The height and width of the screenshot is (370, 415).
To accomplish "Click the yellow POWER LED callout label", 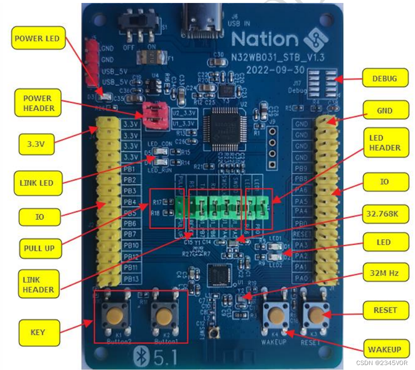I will (37, 38).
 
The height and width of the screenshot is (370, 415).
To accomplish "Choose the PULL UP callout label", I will (39, 248).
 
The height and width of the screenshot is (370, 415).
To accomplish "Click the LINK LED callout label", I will (37, 183).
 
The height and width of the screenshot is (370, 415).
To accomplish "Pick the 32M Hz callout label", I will (385, 272).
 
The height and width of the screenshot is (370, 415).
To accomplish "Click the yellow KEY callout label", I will (38, 332).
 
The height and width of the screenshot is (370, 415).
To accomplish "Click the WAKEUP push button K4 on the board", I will (277, 314).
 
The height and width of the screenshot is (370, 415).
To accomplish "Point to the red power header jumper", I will (154, 113).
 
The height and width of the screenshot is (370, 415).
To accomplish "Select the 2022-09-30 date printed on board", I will (275, 69).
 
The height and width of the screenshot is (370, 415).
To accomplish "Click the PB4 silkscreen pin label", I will (130, 202).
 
